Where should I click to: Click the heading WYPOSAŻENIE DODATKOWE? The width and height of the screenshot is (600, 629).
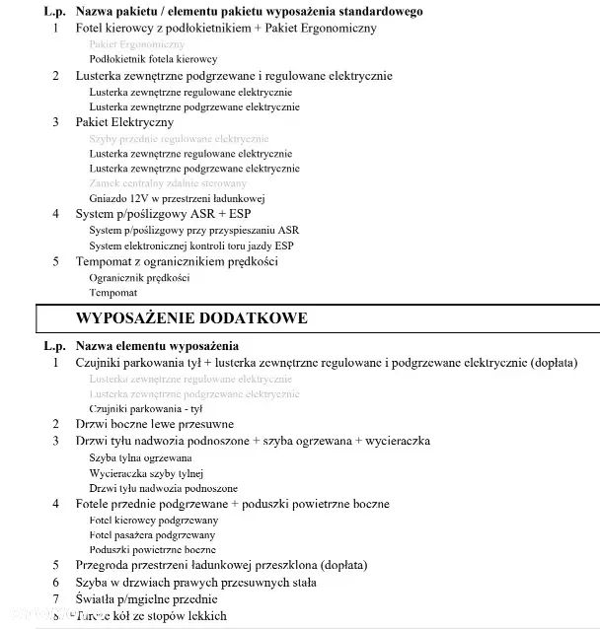point(191,318)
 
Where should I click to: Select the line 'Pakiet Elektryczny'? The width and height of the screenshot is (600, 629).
point(124,122)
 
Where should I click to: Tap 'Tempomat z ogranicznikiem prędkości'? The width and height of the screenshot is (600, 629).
point(177,261)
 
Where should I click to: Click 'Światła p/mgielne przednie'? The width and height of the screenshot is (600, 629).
point(146,598)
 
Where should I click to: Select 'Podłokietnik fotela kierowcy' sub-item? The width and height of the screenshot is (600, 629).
point(153,59)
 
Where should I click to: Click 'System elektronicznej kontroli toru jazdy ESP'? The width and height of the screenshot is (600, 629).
point(191,245)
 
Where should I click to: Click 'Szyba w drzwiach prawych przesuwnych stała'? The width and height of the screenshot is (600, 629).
point(195,583)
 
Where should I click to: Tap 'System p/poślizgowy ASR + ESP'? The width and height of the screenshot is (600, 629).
point(150,214)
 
